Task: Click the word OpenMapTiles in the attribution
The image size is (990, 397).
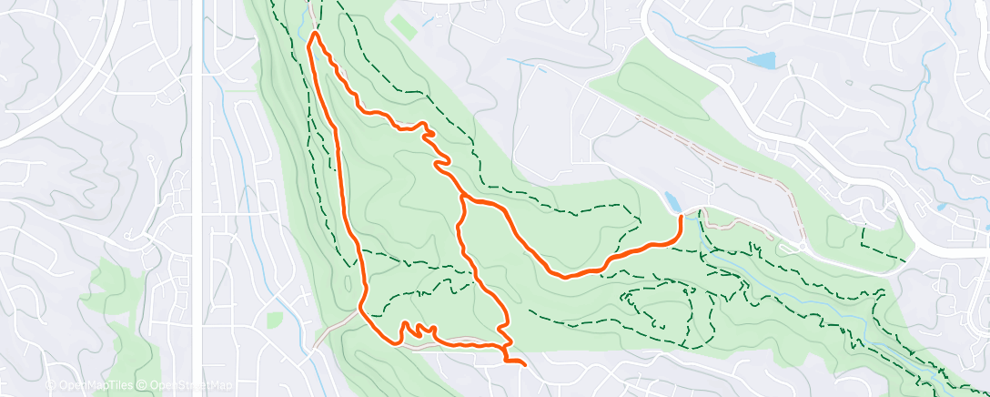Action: (x=95, y=386)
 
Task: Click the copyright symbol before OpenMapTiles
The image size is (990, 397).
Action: (x=50, y=386)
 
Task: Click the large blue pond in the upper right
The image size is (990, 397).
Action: (x=761, y=61)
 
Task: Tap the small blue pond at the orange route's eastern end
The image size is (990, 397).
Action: (x=672, y=201)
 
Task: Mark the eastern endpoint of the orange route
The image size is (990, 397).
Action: (x=681, y=217)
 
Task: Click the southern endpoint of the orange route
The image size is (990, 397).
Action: (x=525, y=364)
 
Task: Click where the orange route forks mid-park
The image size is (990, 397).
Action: (x=463, y=195)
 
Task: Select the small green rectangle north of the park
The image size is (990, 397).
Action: (x=405, y=27)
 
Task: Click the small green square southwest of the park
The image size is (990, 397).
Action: (x=275, y=320)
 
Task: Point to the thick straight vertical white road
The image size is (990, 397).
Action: (x=197, y=228)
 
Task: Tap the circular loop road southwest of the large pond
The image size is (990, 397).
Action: (x=720, y=75)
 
